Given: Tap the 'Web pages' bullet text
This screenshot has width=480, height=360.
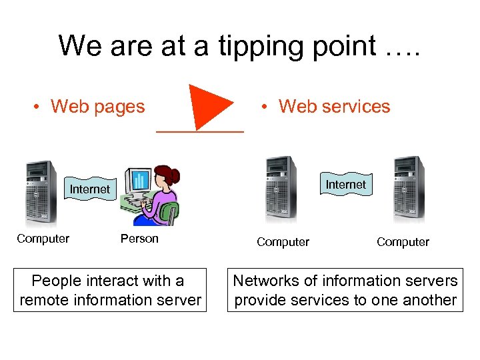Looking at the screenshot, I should pyautogui.click(x=97, y=107).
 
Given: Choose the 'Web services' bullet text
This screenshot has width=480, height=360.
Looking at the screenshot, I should pyautogui.click(x=334, y=107).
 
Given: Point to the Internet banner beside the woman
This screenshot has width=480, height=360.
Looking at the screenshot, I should pyautogui.click(x=89, y=189).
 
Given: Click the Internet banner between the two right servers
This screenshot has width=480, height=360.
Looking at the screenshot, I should pyautogui.click(x=345, y=184).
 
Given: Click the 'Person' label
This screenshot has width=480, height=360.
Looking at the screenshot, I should pyautogui.click(x=139, y=239).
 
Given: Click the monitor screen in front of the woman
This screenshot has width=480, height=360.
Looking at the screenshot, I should pyautogui.click(x=140, y=180).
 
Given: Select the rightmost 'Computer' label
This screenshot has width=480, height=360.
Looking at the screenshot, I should pyautogui.click(x=403, y=242).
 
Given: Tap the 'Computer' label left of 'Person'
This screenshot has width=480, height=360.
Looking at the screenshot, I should pyautogui.click(x=43, y=239).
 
